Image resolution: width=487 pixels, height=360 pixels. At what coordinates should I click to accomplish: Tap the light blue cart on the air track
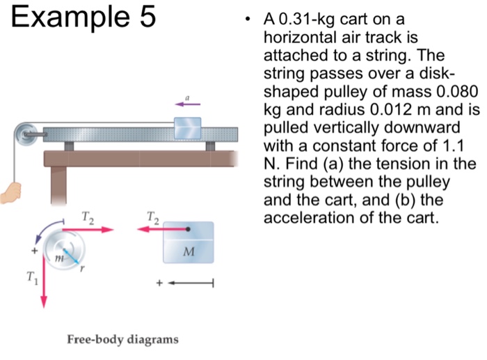coord(187,127)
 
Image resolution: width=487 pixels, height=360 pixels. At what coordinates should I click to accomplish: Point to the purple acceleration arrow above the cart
coord(183,104)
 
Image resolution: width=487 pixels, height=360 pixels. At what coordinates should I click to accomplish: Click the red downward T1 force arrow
coord(44,285)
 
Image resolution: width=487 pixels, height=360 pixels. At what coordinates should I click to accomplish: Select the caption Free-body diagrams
coord(122,339)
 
